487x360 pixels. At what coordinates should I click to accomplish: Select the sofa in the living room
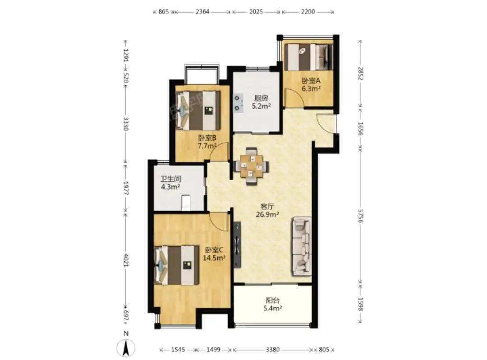(301, 246)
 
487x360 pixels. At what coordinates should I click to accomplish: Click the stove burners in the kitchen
(238, 103)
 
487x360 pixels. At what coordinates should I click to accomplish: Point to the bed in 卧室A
(308, 57)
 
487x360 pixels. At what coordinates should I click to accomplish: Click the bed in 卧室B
(198, 111)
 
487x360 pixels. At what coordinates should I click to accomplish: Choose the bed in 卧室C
(177, 265)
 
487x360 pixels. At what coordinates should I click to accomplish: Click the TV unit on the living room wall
(237, 245)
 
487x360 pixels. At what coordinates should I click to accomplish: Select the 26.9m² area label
(267, 214)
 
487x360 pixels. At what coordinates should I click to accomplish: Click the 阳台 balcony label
(272, 300)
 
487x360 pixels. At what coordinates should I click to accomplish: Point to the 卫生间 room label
(170, 179)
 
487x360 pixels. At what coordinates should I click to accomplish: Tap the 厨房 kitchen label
(261, 98)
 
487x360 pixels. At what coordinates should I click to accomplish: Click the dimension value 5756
(360, 215)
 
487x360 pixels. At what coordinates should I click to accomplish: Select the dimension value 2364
(202, 12)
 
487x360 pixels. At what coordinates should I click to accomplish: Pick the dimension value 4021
(126, 260)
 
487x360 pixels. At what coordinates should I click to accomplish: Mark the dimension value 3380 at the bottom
(272, 350)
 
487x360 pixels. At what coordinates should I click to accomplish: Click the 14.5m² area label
(214, 258)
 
